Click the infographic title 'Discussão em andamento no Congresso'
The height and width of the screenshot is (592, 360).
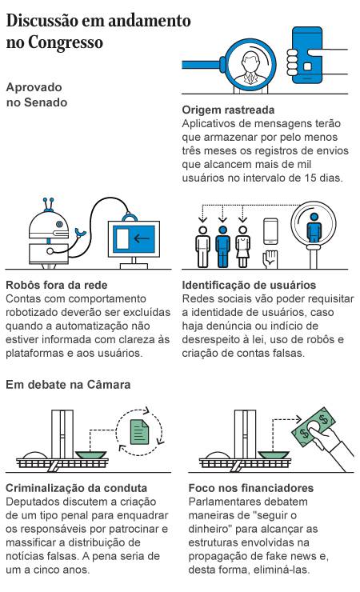tap(98, 31)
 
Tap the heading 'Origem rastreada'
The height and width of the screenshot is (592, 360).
tap(228, 110)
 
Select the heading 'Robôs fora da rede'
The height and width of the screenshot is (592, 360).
tap(57, 285)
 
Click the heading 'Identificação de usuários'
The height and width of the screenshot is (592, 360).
tap(249, 285)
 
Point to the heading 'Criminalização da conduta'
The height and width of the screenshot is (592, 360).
tap(76, 488)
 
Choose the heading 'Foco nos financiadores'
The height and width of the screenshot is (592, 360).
tap(251, 488)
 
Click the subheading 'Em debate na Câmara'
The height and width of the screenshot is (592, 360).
tap(68, 385)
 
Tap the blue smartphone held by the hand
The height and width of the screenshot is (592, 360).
tap(307, 55)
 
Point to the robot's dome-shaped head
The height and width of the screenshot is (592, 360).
tap(49, 224)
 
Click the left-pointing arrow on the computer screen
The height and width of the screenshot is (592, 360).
tap(142, 238)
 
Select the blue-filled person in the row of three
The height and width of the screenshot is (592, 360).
tap(222, 246)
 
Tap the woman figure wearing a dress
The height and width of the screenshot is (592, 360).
tap(242, 246)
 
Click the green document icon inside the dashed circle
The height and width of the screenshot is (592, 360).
tap(140, 432)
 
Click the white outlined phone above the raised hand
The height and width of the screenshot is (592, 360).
tap(270, 231)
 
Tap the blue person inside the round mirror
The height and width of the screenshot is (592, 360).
tap(314, 228)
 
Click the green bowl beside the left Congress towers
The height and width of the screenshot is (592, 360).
tap(90, 454)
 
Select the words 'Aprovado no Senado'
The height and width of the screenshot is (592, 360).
tap(37, 94)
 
